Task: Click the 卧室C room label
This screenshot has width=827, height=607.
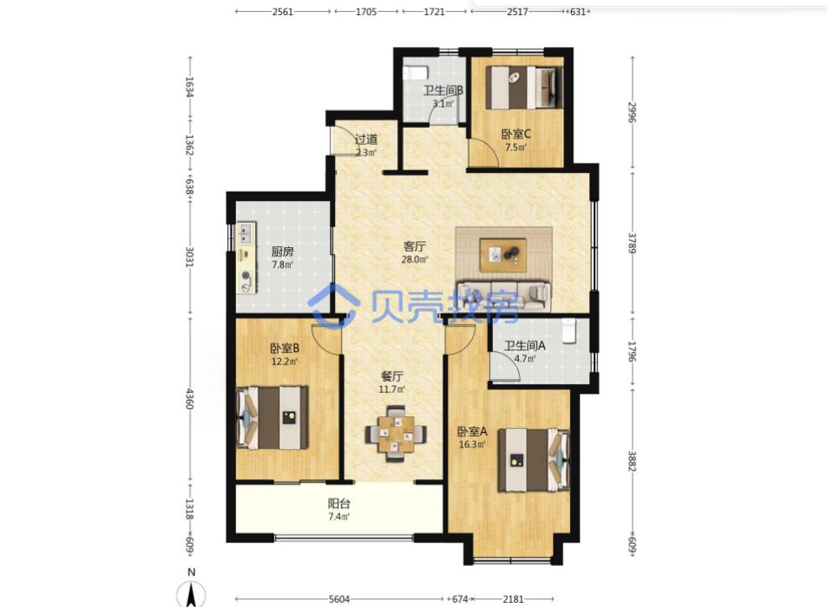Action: [x=516, y=135]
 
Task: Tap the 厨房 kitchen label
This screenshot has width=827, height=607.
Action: [x=282, y=251]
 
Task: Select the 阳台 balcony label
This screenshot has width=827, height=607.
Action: [x=338, y=504]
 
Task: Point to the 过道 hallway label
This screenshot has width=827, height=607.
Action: [x=366, y=140]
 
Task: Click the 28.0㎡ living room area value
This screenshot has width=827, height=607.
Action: [x=415, y=260]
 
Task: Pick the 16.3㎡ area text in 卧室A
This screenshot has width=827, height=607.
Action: [x=472, y=444]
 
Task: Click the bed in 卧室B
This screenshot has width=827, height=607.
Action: [x=272, y=417]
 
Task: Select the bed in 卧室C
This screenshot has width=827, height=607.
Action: [x=524, y=87]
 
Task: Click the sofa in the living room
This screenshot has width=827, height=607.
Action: [x=504, y=295]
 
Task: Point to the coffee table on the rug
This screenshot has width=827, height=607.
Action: [x=503, y=255]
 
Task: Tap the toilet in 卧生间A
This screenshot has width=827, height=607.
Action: [x=569, y=331]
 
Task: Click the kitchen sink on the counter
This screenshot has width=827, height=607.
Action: [x=246, y=234]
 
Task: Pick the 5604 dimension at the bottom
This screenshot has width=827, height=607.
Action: [x=339, y=599]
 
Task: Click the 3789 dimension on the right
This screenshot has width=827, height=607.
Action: [x=632, y=243]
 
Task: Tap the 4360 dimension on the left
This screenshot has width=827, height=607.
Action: [x=190, y=399]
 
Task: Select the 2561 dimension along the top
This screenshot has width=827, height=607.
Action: [x=283, y=12]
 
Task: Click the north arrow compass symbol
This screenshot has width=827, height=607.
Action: [x=191, y=594]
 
